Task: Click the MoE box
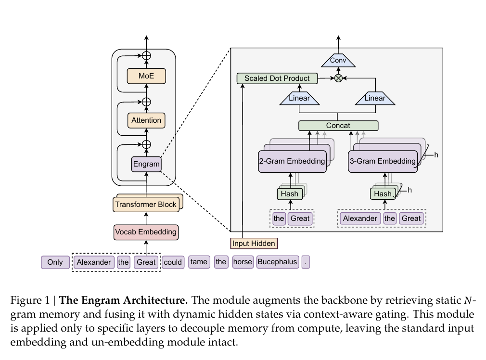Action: coord(146,76)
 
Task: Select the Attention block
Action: coord(146,120)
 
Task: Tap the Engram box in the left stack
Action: coord(146,164)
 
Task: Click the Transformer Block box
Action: coord(146,205)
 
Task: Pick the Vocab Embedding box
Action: coord(146,232)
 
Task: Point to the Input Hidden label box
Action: coord(254,244)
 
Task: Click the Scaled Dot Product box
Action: coord(277,78)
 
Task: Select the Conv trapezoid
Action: coord(338,61)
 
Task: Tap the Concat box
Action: coord(338,126)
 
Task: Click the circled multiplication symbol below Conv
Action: coord(338,78)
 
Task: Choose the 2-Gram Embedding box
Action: coord(292,161)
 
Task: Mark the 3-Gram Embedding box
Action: coord(383,161)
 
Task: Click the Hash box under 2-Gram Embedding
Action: coord(290,194)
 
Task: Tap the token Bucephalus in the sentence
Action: coord(277,262)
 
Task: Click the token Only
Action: coord(55,262)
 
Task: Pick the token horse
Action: coord(243,262)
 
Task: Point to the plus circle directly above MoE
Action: coord(146,56)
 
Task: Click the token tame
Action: coord(199,262)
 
